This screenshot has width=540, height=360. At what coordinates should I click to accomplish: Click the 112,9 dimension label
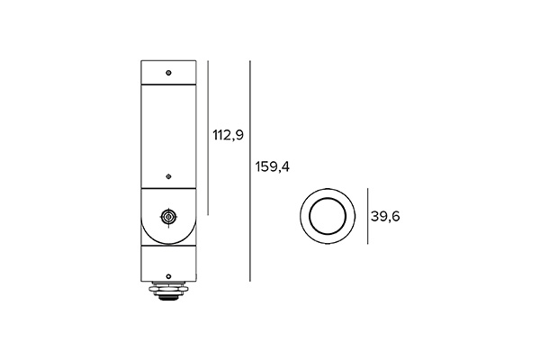(229, 137)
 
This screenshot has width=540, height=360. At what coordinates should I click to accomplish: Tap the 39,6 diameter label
(385, 217)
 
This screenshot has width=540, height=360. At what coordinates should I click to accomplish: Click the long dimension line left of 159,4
(250, 171)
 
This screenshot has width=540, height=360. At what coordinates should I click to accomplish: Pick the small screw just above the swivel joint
(168, 176)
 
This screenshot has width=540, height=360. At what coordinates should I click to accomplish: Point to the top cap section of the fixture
(168, 71)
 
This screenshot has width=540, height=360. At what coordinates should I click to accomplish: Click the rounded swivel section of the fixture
(168, 216)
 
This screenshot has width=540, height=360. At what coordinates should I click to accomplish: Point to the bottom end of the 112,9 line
(209, 214)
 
